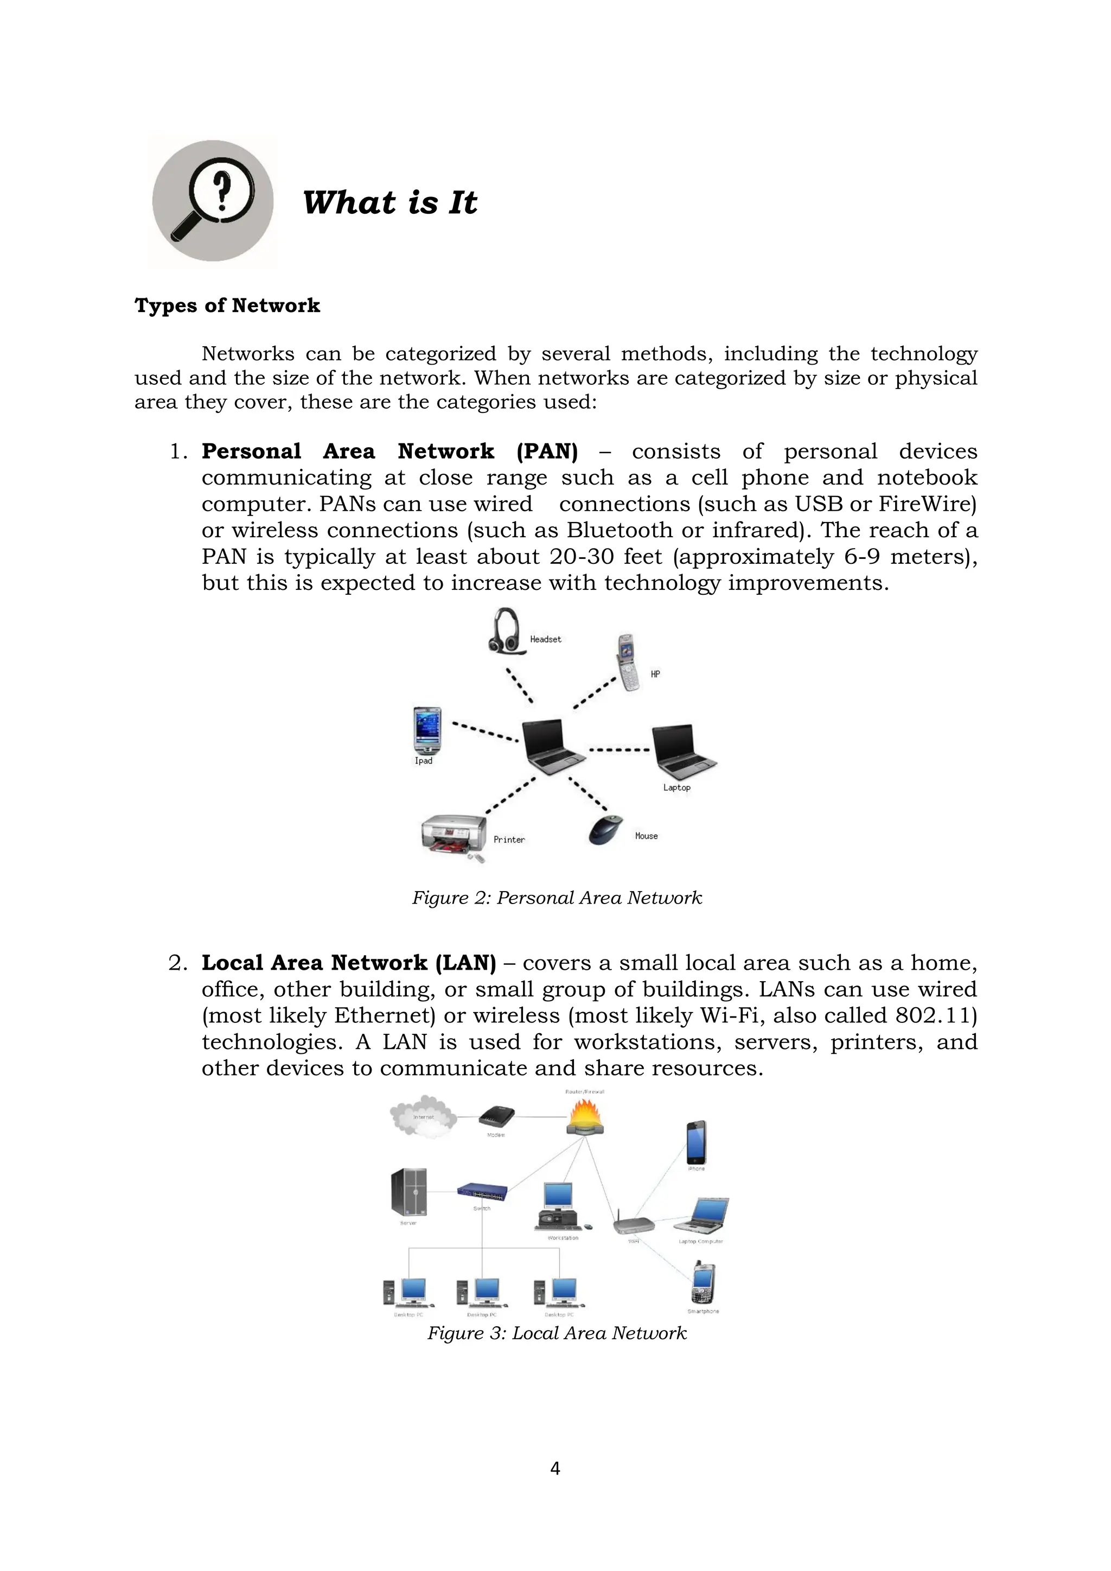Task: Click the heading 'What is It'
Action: [x=390, y=203]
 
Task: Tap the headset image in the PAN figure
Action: [x=506, y=632]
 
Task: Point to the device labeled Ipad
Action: [x=427, y=731]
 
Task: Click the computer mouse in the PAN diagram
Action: [x=606, y=829]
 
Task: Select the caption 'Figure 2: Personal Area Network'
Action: [x=557, y=898]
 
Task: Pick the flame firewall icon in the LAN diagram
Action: [x=585, y=1117]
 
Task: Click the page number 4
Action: [x=555, y=1468]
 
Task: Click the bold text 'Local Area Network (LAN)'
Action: [x=348, y=963]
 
